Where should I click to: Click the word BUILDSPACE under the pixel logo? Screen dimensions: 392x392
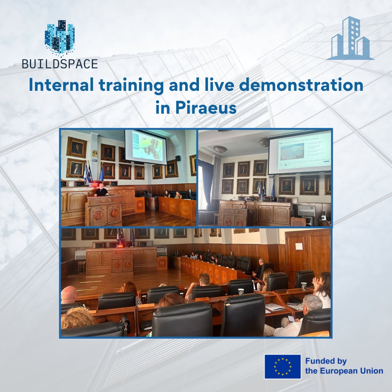60,64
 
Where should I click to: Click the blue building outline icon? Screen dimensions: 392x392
350,39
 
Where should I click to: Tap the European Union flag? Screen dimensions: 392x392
283,367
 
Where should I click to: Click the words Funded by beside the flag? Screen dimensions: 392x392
326,361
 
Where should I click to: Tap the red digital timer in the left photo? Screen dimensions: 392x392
94,184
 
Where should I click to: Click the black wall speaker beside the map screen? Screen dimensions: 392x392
178,158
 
